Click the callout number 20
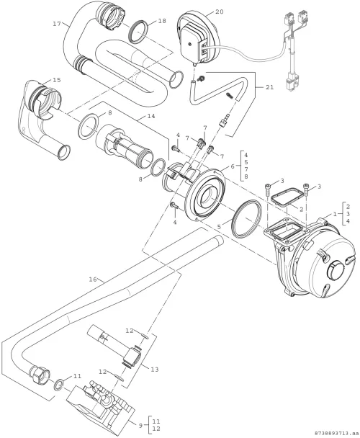tap(220, 12)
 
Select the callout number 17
tap(57, 24)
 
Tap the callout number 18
tap(162, 21)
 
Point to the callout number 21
tap(269, 87)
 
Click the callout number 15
tap(57, 80)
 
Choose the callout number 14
tap(150, 116)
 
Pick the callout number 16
tap(93, 279)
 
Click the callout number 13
tap(155, 370)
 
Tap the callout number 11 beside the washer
tap(77, 376)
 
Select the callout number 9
tap(140, 426)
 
